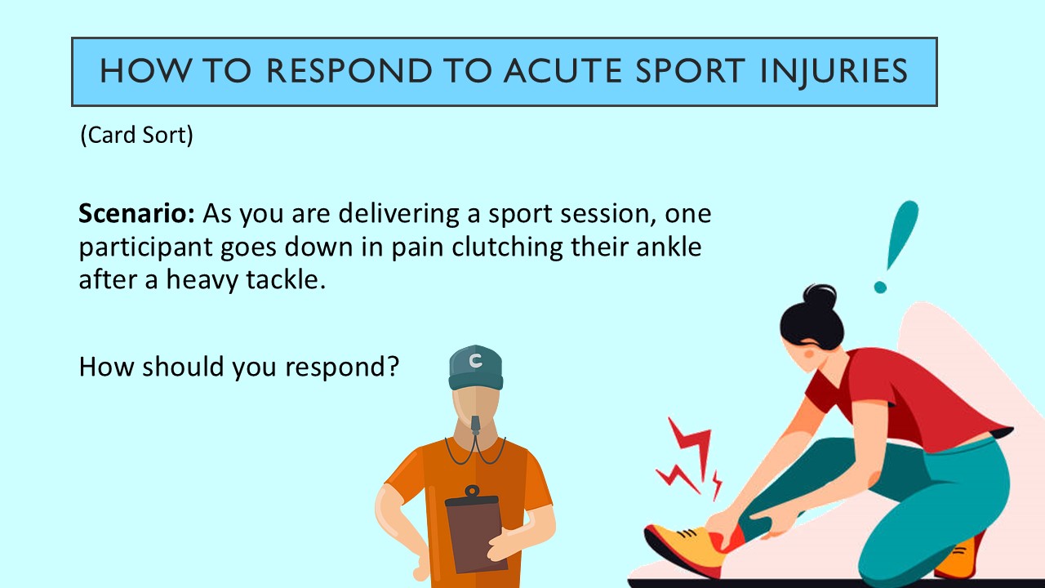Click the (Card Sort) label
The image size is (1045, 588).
pos(136,135)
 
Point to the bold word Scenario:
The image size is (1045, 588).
pos(136,214)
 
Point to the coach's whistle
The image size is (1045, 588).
pos(475,425)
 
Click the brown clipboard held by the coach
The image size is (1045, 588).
pos(476,535)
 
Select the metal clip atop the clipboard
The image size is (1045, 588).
pos(471,493)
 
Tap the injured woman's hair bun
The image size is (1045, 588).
pos(819,296)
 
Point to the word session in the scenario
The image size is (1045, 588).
pos(603,214)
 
